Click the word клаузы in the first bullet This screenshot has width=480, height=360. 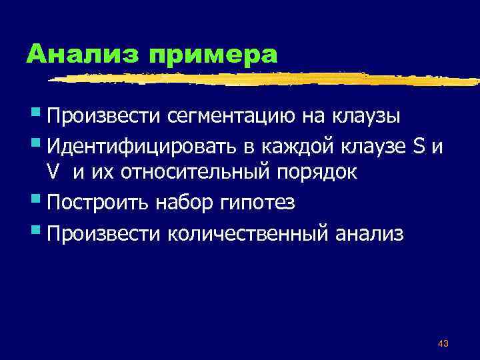click(367, 117)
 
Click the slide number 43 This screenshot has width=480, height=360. click(443, 343)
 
